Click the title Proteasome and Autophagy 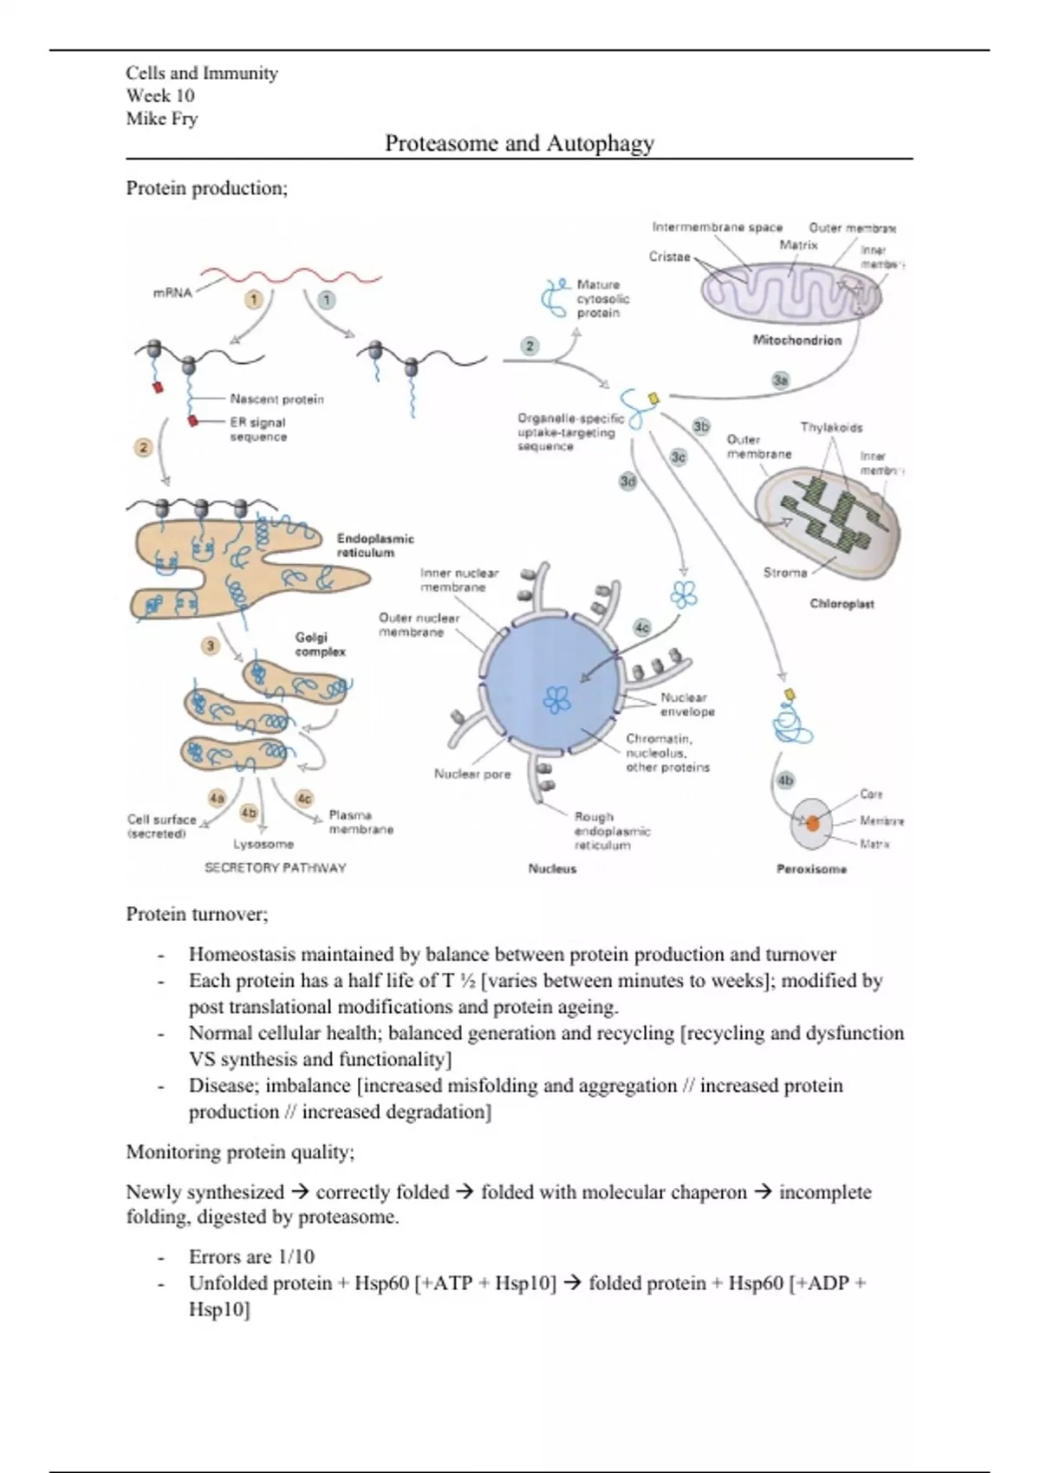[519, 143]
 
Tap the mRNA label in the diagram [172, 293]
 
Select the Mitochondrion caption [796, 341]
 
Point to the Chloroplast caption [842, 604]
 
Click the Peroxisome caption [811, 869]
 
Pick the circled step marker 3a [781, 380]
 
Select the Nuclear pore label [472, 774]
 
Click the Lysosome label [263, 844]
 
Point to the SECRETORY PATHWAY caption [275, 867]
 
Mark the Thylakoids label [831, 427]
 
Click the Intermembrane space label [717, 227]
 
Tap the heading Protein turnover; [198, 913]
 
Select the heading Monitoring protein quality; [240, 1152]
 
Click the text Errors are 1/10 [251, 1256]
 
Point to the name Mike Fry [162, 119]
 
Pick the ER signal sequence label [258, 429]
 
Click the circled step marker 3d [627, 480]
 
